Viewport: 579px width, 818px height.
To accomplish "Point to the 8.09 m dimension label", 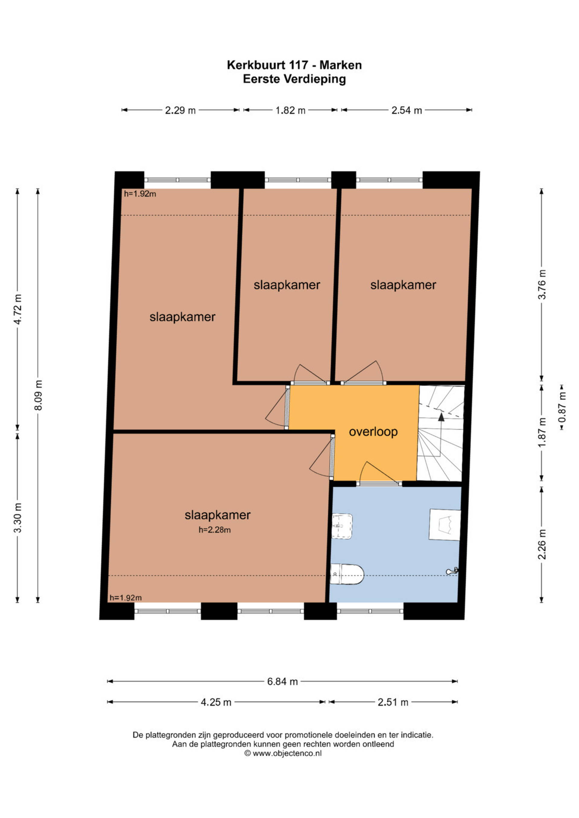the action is [x=38, y=395].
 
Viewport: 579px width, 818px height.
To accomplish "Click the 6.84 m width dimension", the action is [x=282, y=681].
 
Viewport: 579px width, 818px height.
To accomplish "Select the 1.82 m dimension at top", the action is [x=290, y=110].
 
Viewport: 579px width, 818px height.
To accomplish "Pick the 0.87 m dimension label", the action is [x=562, y=407].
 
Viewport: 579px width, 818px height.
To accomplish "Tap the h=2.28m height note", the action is [x=215, y=530].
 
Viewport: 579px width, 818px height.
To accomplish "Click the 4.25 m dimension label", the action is [x=216, y=702].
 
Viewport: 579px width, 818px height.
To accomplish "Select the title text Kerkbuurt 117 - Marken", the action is [x=295, y=65].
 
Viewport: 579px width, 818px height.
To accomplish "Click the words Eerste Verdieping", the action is [x=295, y=79].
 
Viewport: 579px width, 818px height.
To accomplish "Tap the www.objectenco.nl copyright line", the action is [x=283, y=753].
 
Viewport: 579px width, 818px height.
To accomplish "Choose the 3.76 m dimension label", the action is [x=542, y=285].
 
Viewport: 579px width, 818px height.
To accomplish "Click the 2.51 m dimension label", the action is [x=393, y=702].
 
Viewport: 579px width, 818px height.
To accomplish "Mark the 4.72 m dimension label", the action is [x=17, y=309].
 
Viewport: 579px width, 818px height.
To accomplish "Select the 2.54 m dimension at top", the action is [x=407, y=110].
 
